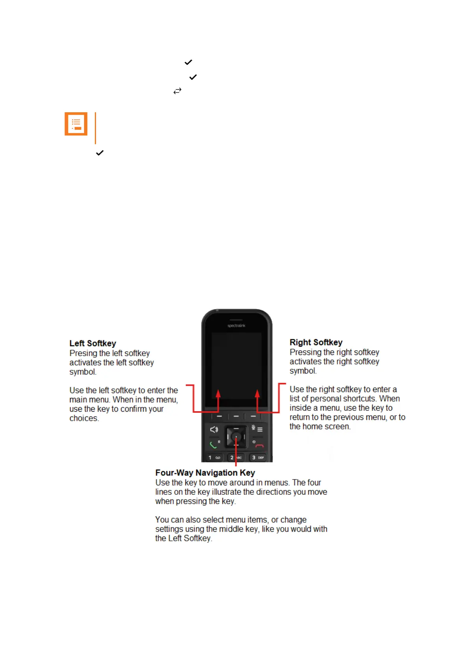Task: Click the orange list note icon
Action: click(76, 124)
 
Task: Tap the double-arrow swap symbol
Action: click(178, 91)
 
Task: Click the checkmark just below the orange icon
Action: click(100, 153)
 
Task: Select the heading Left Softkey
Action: click(93, 344)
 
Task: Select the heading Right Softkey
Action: click(316, 342)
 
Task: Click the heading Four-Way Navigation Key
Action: click(205, 473)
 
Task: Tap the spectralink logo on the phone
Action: click(236, 326)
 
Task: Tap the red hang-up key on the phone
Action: click(259, 446)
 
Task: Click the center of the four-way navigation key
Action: click(236, 436)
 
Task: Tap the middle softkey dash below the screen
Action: click(236, 416)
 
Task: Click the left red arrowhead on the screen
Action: click(218, 394)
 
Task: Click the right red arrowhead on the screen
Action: click(257, 394)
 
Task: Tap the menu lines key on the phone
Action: click(260, 429)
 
